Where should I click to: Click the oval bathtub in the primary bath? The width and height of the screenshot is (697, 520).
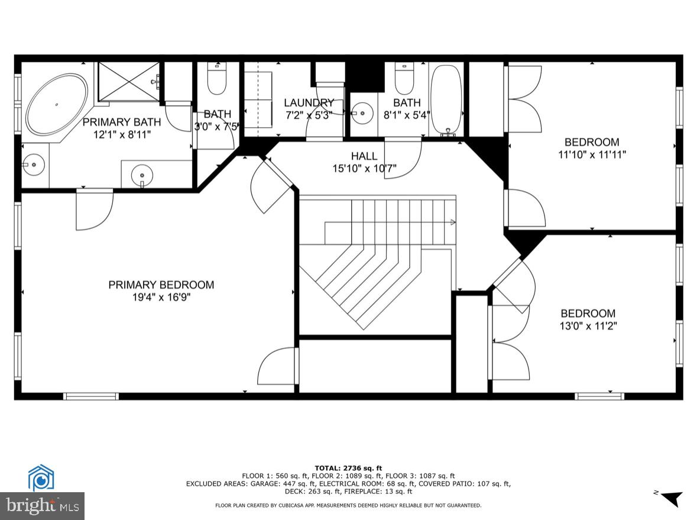[57, 104]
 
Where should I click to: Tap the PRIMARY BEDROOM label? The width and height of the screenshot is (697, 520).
[161, 285]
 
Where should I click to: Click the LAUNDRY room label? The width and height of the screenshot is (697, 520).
[309, 103]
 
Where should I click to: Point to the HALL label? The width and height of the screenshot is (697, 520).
[364, 156]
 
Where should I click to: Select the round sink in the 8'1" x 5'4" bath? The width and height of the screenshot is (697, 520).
[362, 111]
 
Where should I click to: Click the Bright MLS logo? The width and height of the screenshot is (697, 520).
[42, 506]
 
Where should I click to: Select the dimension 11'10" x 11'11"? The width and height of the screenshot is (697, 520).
[592, 154]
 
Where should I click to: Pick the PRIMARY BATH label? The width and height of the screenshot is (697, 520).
[121, 122]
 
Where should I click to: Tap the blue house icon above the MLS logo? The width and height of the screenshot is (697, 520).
[41, 478]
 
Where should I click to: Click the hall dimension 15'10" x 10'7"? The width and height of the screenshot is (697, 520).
[364, 169]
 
